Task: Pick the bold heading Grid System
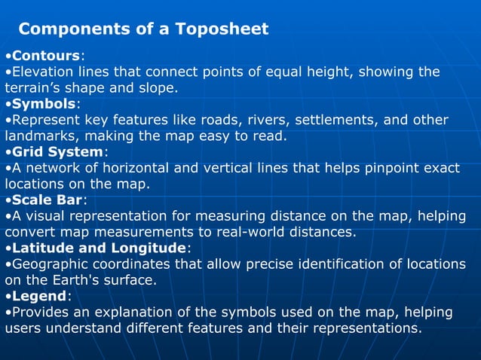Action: click(57, 152)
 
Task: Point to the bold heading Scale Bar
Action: click(47, 200)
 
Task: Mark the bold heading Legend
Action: click(39, 296)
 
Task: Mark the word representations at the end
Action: click(360, 328)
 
